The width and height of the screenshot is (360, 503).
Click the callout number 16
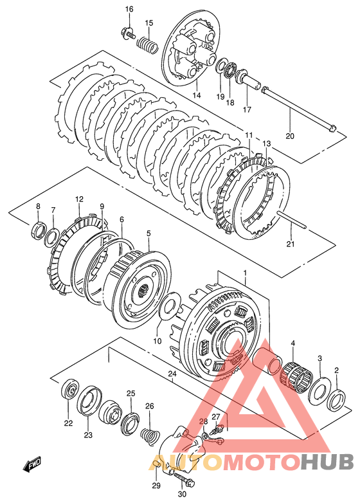coord(129,9)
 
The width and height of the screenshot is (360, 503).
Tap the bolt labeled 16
coord(128,33)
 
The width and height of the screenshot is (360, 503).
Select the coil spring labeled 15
coord(148,44)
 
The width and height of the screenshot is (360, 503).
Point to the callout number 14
coord(197,95)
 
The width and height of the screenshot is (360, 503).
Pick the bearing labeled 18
coord(230,71)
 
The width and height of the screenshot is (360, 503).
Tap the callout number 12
coord(79,199)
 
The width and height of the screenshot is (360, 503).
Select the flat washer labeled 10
coord(168,305)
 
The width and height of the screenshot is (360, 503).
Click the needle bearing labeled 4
coord(297,377)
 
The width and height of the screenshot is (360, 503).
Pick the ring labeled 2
coord(336,399)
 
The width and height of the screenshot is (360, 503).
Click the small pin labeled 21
coord(292,221)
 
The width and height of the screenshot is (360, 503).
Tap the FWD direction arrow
coord(32,464)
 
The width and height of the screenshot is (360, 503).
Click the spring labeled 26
coord(150,436)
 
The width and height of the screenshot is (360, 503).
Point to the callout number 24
coord(172,374)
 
